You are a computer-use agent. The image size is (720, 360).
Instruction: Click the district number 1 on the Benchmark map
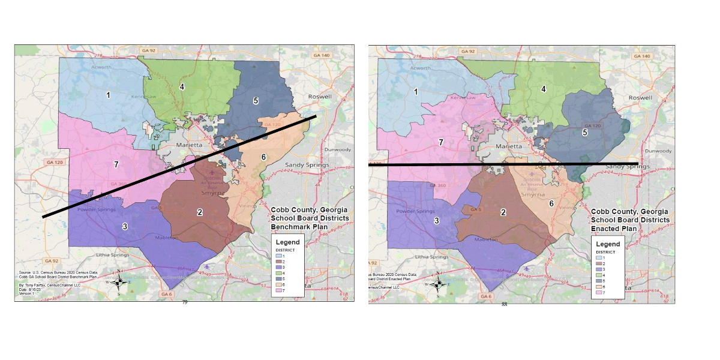tap(108, 95)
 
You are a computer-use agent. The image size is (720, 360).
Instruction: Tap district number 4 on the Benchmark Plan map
tap(181, 86)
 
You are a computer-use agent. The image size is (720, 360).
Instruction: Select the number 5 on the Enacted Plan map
tap(585, 131)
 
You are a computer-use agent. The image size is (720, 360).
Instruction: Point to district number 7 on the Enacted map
tap(441, 142)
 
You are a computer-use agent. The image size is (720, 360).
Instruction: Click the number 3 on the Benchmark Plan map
tap(125, 226)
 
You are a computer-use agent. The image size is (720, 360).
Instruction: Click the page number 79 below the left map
tap(185, 302)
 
